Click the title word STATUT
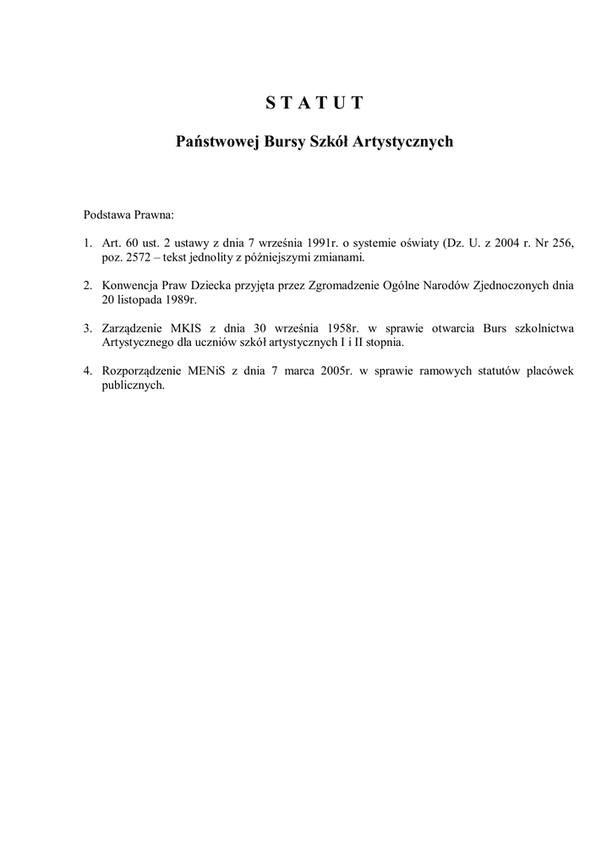point(314,103)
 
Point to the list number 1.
point(87,244)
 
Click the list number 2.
point(87,285)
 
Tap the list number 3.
point(87,327)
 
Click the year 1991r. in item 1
point(318,244)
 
